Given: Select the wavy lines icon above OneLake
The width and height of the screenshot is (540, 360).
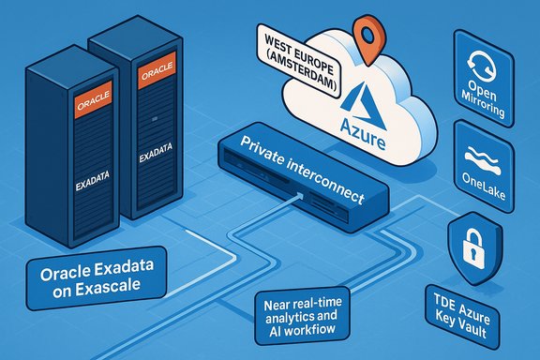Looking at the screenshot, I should tap(485, 154).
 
